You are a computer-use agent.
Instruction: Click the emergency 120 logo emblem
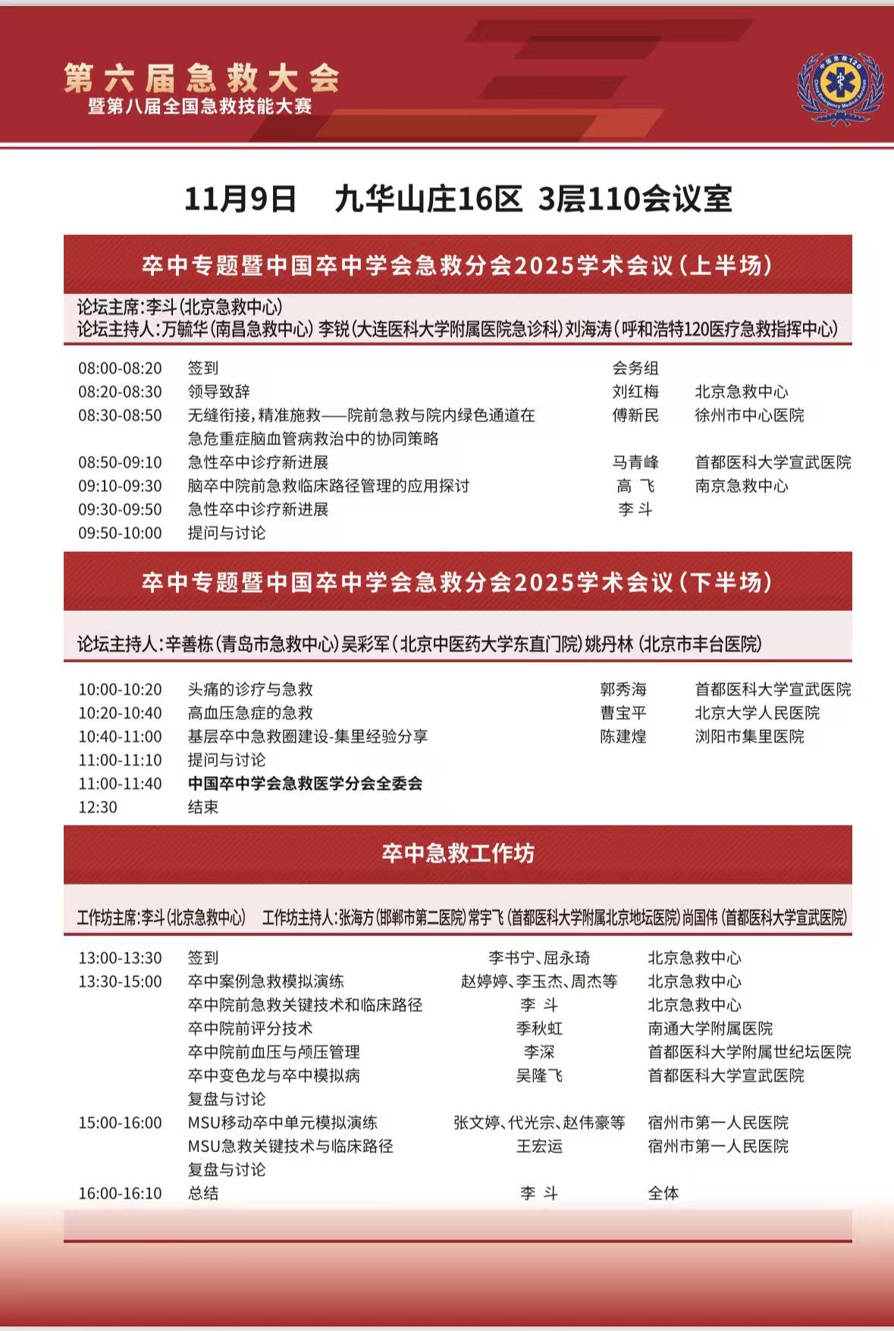840,89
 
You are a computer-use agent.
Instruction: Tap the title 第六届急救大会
201,77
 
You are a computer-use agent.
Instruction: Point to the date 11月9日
240,199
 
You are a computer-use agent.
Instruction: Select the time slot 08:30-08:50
120,415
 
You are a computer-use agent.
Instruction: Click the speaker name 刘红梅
635,392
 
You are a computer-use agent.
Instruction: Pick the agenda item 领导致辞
219,392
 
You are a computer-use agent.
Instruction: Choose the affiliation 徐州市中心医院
749,415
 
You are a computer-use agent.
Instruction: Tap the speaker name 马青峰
635,462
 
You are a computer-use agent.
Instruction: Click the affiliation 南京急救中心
742,486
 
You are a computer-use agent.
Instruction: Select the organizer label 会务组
635,368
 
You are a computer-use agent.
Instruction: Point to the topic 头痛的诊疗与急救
250,689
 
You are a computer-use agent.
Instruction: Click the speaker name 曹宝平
623,712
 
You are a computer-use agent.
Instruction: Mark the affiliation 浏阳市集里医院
749,736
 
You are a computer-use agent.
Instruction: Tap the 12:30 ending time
98,806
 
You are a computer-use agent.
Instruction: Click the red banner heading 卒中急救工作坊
457,853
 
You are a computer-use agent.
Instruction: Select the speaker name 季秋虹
539,1029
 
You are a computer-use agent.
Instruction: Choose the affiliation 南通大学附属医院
710,1029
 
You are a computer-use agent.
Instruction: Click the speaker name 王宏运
539,1146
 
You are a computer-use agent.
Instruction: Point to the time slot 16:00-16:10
120,1193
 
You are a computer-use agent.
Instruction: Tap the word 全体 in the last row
663,1193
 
